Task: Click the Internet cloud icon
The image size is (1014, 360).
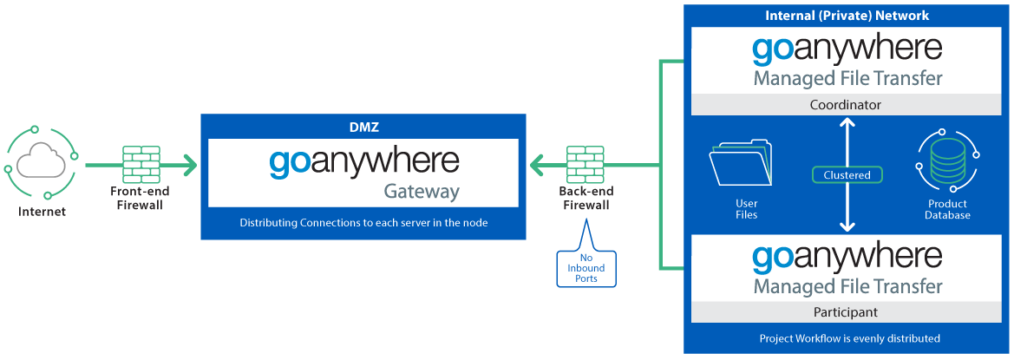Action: click(x=41, y=162)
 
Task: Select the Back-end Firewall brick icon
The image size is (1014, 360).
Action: click(x=586, y=162)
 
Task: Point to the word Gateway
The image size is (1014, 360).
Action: click(x=422, y=191)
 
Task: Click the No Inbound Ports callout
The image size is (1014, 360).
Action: click(x=586, y=267)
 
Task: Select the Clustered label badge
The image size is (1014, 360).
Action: click(x=847, y=174)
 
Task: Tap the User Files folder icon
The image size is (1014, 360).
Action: click(x=739, y=165)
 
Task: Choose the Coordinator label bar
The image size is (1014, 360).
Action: click(x=846, y=104)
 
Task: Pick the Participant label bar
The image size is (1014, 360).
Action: click(x=846, y=311)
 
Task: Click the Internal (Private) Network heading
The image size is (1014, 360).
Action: click(x=847, y=16)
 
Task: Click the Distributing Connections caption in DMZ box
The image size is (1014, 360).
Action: click(x=363, y=223)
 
